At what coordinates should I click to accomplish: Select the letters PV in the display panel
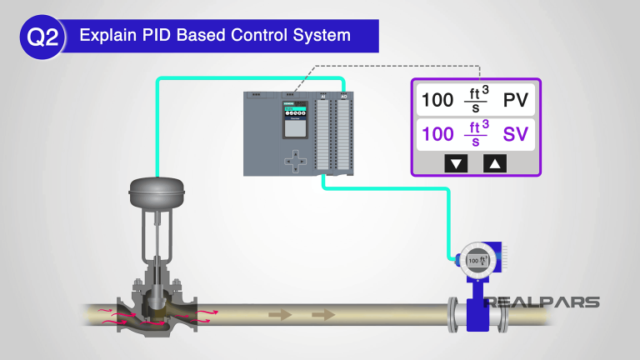pyautogui.click(x=516, y=101)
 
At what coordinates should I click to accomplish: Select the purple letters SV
pyautogui.click(x=516, y=133)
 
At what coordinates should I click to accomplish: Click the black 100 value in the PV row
pyautogui.click(x=437, y=101)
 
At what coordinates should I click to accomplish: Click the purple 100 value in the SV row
pyautogui.click(x=437, y=133)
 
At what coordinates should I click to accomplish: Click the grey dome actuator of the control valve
pyautogui.click(x=156, y=192)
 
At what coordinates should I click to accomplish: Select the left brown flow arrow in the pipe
pyautogui.click(x=280, y=315)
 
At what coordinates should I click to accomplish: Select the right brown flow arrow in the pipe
pyautogui.click(x=322, y=315)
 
